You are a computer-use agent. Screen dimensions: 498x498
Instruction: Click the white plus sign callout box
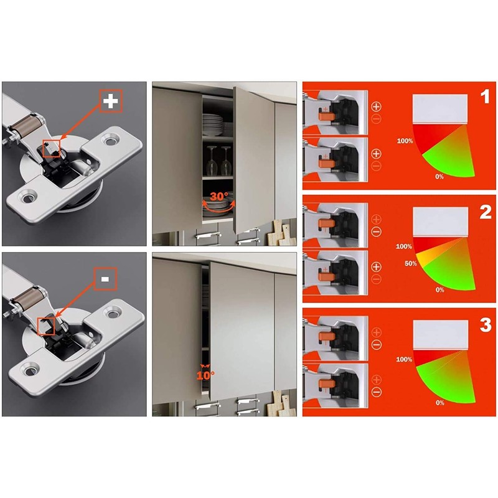[x=110, y=101]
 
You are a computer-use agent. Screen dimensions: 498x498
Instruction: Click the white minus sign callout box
[x=104, y=280]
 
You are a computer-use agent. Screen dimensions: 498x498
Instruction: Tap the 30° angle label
[x=218, y=196]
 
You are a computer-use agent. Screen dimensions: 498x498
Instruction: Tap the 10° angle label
[x=205, y=375]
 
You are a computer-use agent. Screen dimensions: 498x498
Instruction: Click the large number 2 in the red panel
[x=485, y=212]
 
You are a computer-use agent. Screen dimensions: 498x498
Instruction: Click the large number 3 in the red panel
[x=485, y=325]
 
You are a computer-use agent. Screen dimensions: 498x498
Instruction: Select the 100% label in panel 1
[x=405, y=141]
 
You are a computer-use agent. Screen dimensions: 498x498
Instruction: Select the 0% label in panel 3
[x=440, y=403]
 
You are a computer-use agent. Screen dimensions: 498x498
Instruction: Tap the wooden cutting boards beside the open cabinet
[x=276, y=234]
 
